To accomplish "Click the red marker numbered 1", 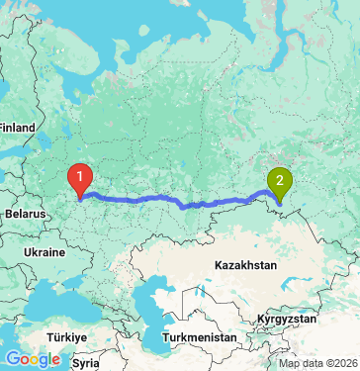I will tap(79, 177).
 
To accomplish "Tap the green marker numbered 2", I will tap(280, 182).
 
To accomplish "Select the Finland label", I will tap(17, 128).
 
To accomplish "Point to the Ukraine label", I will tap(44, 253).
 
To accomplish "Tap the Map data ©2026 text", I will tap(321, 363).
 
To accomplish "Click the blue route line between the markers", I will tap(178, 203).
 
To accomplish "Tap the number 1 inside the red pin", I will tap(79, 174).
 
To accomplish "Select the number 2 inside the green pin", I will tap(280, 179).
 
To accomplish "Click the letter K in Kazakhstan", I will tap(218, 266).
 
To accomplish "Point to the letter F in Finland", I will tap(3, 128).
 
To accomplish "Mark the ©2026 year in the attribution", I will tap(342, 363).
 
